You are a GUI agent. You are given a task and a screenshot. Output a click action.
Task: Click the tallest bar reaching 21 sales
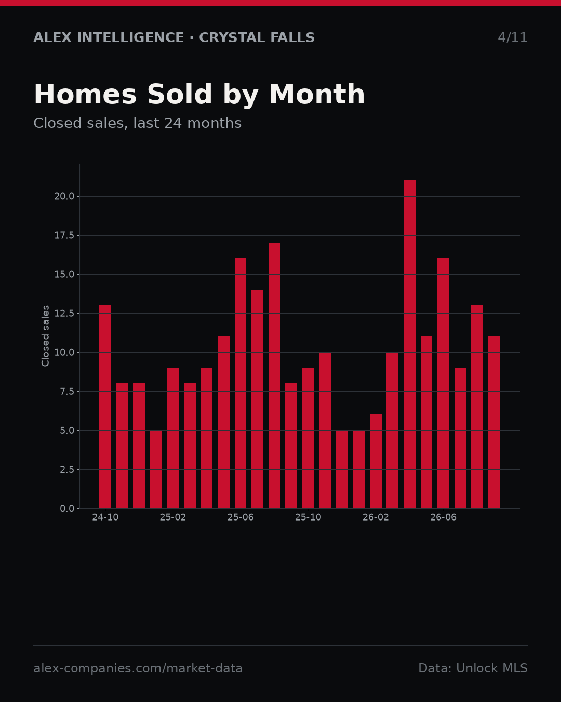(x=409, y=344)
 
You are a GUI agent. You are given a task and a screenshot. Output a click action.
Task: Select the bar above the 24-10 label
(x=105, y=407)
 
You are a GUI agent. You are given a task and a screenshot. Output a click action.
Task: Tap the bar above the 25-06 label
(x=240, y=383)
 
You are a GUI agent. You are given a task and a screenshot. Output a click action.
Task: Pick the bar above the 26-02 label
(x=376, y=461)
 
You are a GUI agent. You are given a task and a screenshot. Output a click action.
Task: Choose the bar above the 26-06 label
(x=443, y=383)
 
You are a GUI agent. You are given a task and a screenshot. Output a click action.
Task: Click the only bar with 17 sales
(x=274, y=375)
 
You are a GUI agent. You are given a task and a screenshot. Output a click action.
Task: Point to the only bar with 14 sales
(x=257, y=399)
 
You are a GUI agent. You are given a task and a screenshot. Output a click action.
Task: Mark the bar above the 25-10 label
(x=308, y=438)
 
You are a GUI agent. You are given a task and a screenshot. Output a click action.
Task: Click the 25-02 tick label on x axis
(x=173, y=517)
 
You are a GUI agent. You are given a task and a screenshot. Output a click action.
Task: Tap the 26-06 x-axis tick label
(x=443, y=517)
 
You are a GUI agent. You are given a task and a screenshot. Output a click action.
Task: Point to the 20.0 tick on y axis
(x=64, y=196)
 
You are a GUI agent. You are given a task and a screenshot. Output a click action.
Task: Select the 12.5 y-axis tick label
(x=64, y=313)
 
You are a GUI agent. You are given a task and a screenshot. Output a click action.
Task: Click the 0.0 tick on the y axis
(x=67, y=509)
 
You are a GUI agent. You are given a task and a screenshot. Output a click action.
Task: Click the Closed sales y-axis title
(x=45, y=336)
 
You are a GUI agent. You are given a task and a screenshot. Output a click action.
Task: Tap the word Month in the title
(x=317, y=94)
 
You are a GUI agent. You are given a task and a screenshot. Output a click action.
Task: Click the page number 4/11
(x=512, y=37)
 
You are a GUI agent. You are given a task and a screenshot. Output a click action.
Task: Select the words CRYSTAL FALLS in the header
(x=257, y=37)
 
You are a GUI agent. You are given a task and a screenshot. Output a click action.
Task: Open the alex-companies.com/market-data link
(x=138, y=668)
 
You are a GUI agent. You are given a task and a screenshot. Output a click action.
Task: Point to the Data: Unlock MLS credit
(x=473, y=668)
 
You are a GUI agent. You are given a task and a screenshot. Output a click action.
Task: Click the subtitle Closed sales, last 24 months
(x=137, y=123)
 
